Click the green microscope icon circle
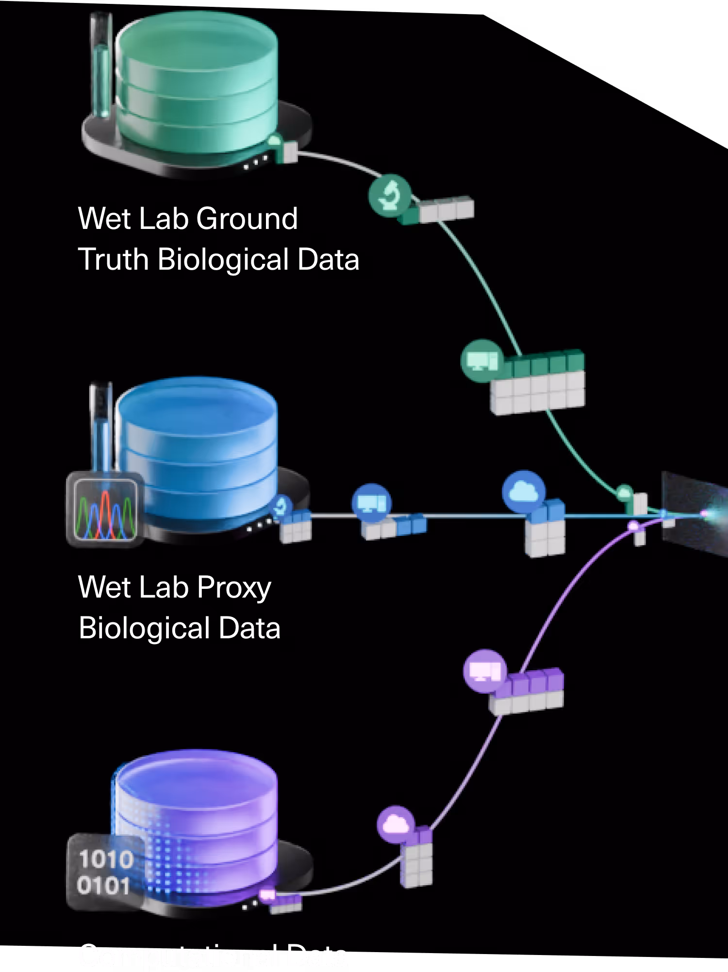click(x=390, y=195)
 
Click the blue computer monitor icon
click(x=371, y=503)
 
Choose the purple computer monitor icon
click(x=484, y=671)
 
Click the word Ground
click(x=247, y=219)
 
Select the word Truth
click(x=113, y=259)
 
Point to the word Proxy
click(x=234, y=588)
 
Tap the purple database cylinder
click(x=197, y=820)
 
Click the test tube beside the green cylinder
click(x=101, y=65)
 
